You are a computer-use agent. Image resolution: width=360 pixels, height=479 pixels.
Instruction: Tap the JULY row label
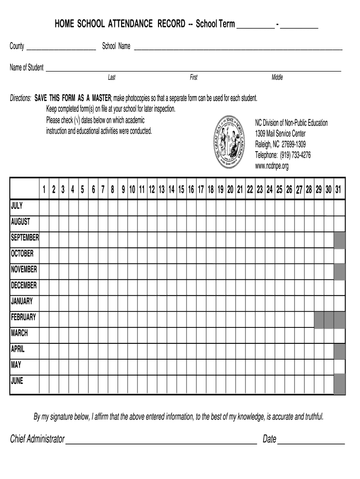click(x=17, y=206)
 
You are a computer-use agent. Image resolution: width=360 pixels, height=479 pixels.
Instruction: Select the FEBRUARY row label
click(x=23, y=317)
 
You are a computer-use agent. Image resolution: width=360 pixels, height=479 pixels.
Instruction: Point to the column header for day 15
click(x=181, y=190)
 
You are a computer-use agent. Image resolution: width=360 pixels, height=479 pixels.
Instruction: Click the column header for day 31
click(x=338, y=190)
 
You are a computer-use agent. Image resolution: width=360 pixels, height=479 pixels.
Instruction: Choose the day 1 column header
click(x=44, y=190)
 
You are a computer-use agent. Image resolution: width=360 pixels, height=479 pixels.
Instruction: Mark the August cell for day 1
click(x=44, y=222)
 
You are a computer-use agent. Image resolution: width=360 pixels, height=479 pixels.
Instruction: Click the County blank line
click(x=61, y=48)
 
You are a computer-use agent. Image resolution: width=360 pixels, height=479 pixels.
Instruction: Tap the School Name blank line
click(x=238, y=48)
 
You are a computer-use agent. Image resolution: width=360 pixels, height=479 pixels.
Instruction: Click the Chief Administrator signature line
click(x=161, y=442)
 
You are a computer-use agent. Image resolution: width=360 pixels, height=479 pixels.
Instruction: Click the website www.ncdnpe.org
click(x=272, y=166)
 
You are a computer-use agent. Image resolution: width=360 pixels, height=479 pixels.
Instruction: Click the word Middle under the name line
click(x=277, y=78)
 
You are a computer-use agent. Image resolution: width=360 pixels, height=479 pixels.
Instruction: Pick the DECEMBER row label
click(x=24, y=285)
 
